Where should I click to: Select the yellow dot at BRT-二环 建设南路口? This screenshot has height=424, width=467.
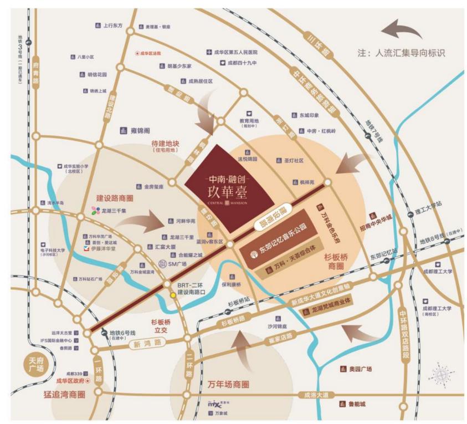pos(173,295)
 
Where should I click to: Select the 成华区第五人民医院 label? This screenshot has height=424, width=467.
pos(236,52)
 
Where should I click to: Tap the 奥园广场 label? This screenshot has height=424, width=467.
pos(360,369)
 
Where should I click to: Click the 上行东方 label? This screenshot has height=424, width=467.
pos(112,25)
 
